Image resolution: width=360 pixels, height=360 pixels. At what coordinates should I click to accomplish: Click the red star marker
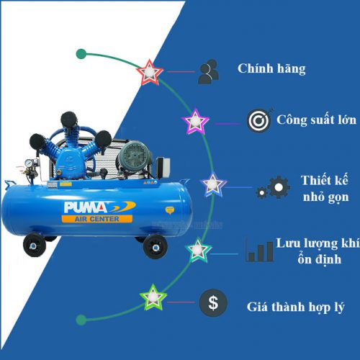pyautogui.click(x=150, y=72)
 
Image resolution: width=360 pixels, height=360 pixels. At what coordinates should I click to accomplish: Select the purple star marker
pyautogui.click(x=195, y=121)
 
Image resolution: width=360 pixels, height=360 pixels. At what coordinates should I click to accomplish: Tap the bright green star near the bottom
pyautogui.click(x=153, y=297)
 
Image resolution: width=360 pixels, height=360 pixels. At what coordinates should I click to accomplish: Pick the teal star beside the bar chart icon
pyautogui.click(x=198, y=250)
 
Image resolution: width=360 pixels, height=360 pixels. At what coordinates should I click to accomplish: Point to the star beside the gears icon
pyautogui.click(x=212, y=184)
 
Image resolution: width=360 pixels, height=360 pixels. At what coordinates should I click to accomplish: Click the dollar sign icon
pyautogui.click(x=213, y=302)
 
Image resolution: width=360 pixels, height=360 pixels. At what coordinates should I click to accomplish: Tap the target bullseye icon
pyautogui.click(x=259, y=120)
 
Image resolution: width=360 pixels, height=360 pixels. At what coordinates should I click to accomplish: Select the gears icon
pyautogui.click(x=273, y=187)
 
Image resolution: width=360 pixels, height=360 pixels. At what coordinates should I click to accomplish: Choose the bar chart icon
pyautogui.click(x=259, y=250)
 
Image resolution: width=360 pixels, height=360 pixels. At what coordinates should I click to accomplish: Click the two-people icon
pyautogui.click(x=209, y=71)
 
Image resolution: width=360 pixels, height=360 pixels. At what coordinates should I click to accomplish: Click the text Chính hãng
pyautogui.click(x=271, y=69)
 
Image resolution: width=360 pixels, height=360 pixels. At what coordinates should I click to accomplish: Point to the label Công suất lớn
pyautogui.click(x=316, y=120)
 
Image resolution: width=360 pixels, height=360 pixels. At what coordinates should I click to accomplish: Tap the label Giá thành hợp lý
pyautogui.click(x=296, y=307)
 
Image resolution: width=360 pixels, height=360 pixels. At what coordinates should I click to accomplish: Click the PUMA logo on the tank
pyautogui.click(x=99, y=207)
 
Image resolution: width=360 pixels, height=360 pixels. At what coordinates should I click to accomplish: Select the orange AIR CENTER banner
pyautogui.click(x=97, y=219)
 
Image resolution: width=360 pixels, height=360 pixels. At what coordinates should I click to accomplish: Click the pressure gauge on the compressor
pyautogui.click(x=29, y=163)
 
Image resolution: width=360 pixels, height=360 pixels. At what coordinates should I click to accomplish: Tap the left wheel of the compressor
pyautogui.click(x=35, y=246)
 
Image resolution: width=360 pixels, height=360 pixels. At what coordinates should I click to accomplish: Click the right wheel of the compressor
pyautogui.click(x=155, y=247)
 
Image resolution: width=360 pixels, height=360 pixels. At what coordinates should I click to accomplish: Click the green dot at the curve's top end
pyautogui.click(x=81, y=54)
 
